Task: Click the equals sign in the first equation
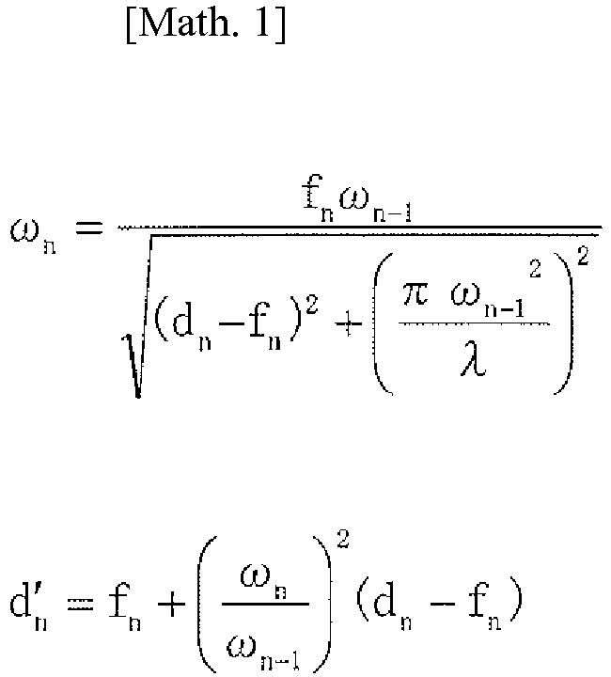tap(92, 232)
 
